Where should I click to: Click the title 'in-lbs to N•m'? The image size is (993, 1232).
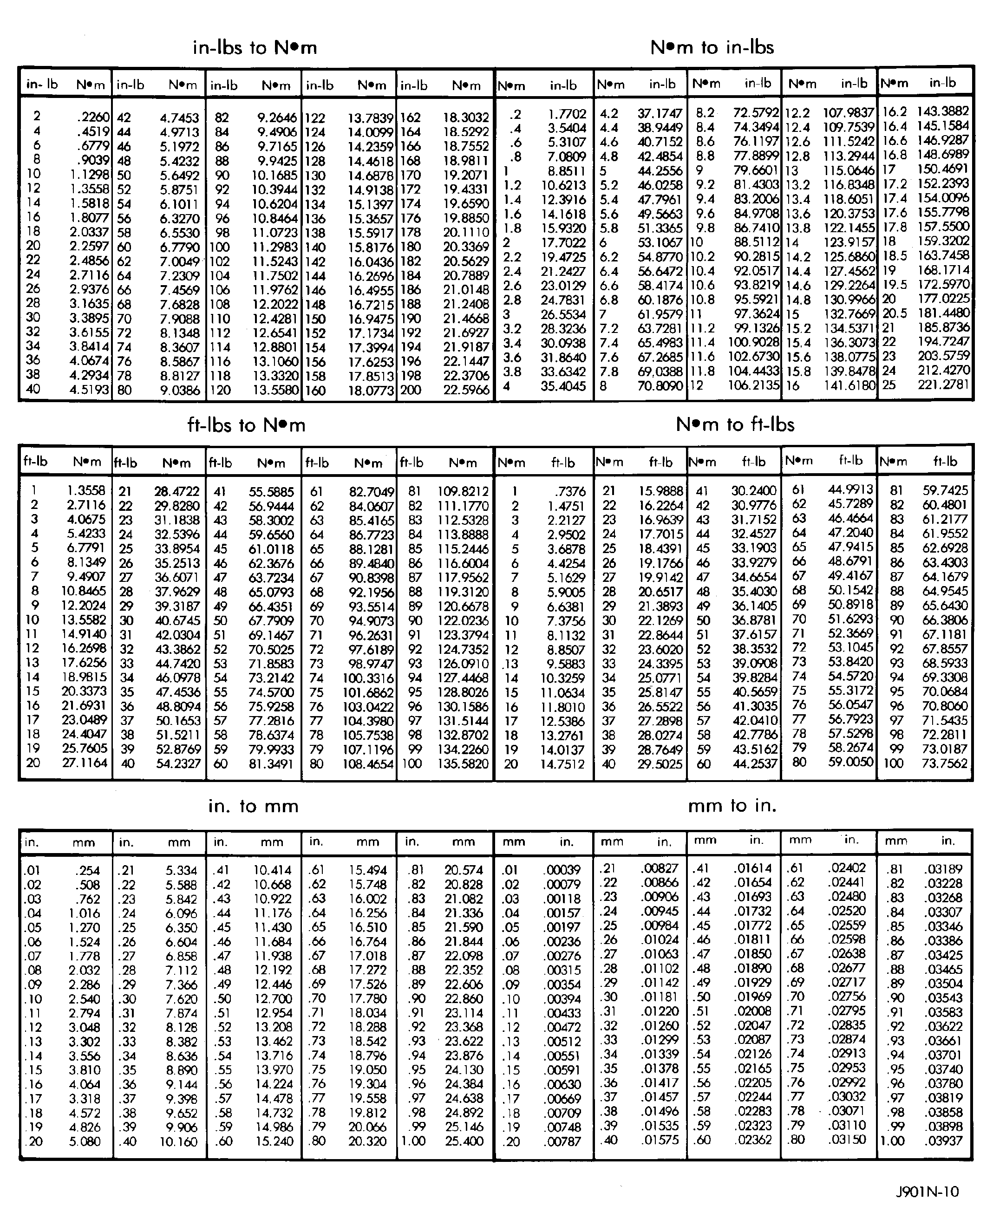point(255,47)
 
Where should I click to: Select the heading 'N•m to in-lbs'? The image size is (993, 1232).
point(712,47)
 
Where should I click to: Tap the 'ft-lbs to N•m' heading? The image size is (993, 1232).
point(247,425)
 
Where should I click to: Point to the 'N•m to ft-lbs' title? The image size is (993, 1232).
point(735,424)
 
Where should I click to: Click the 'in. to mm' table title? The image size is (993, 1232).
point(254,806)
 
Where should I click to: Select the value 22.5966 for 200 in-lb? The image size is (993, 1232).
point(466,390)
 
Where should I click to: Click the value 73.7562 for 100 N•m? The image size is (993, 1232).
point(944,763)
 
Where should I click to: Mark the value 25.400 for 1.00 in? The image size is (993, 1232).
point(464,1141)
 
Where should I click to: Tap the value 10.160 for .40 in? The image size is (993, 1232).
point(178,1141)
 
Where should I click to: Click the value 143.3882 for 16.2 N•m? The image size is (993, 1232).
point(943,111)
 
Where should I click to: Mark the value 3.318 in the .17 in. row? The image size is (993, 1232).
point(85,1099)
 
